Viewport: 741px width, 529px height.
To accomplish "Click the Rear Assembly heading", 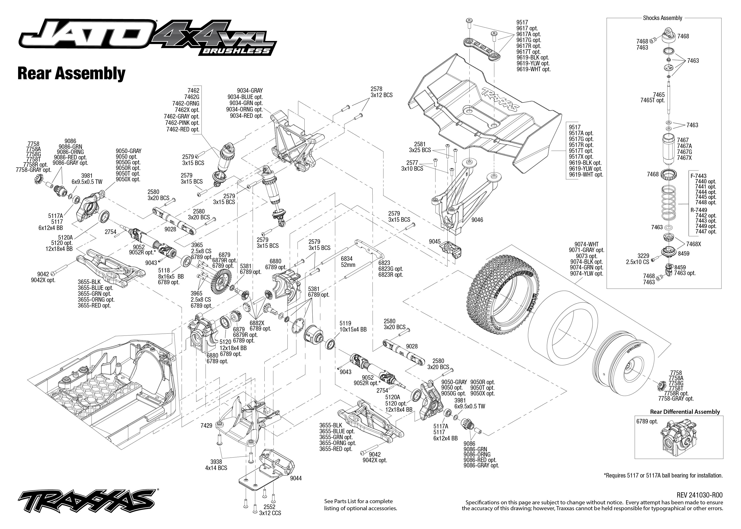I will (71, 74).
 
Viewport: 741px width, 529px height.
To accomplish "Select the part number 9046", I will (477, 220).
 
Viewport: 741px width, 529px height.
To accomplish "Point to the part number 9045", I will (435, 241).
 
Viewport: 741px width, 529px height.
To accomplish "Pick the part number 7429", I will (206, 425).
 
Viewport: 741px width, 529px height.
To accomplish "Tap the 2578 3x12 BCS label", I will (381, 92).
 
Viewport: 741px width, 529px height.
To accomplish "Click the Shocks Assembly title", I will (662, 18).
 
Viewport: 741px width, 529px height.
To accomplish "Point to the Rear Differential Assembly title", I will (685, 412).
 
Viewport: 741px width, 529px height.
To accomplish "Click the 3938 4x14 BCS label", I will (216, 465).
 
